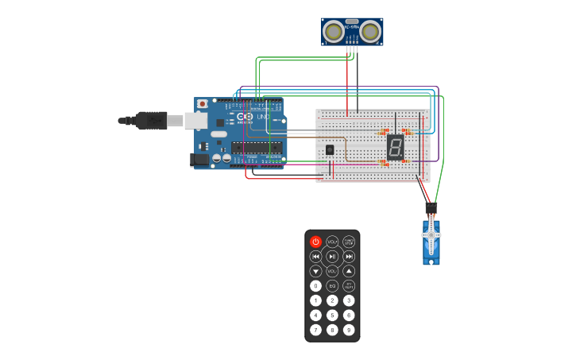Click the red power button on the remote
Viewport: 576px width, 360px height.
(x=315, y=242)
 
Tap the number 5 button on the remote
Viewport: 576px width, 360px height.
(x=332, y=315)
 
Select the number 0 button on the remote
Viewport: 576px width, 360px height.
(x=315, y=285)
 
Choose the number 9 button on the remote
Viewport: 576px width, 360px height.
(x=349, y=330)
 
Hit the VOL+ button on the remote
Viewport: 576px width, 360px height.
(x=332, y=242)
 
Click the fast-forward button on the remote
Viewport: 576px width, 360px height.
(x=349, y=256)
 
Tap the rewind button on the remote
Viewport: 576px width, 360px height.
(x=315, y=256)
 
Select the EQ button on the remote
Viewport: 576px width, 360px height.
(x=332, y=285)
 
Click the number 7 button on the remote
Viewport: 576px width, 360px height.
(x=315, y=330)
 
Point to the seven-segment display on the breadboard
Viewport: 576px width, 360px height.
(x=395, y=147)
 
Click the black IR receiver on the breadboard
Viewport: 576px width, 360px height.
(x=330, y=149)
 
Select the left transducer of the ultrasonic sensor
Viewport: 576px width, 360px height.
(x=334, y=32)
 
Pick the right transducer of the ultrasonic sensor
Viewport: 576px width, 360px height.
(x=370, y=32)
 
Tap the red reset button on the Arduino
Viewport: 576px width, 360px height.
(x=203, y=103)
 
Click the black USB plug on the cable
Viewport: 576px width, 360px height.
(x=151, y=120)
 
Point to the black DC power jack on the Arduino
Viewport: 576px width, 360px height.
(x=200, y=160)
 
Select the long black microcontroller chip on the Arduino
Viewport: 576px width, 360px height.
(x=256, y=146)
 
